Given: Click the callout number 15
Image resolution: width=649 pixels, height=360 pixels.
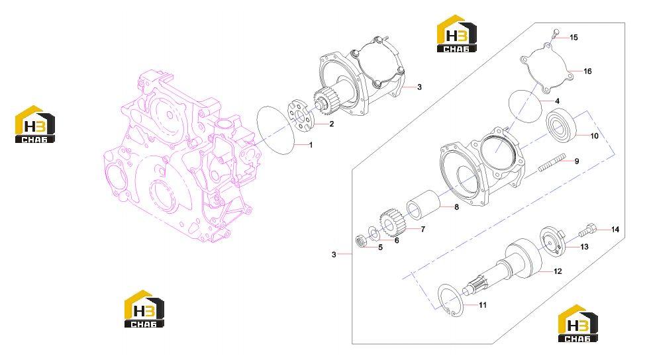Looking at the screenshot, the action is (x=574, y=38).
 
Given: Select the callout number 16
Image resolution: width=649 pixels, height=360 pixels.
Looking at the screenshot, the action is (x=587, y=71).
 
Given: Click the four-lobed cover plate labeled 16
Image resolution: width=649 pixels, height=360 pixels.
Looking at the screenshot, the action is (x=546, y=67).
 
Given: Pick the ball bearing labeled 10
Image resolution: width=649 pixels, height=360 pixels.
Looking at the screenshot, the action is (x=562, y=123).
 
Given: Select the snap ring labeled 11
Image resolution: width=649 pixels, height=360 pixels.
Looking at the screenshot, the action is (x=451, y=301).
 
